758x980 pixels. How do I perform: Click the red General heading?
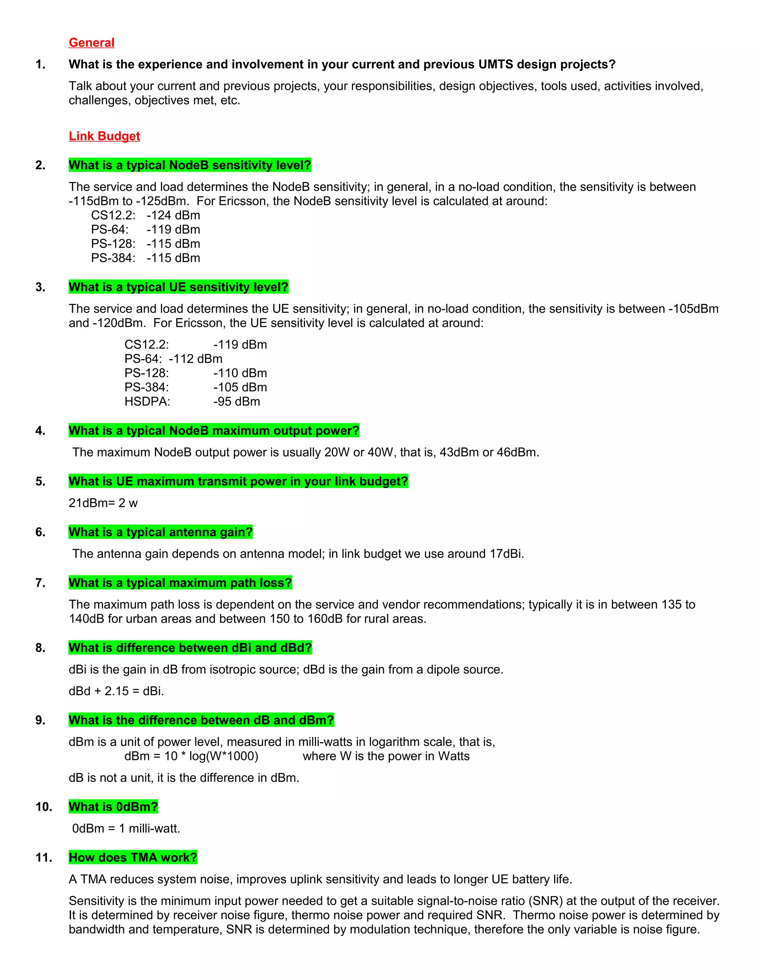(x=92, y=43)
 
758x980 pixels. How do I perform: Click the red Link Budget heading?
(x=104, y=136)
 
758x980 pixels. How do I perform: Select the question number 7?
(x=40, y=583)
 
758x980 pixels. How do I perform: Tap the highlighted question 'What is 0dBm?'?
(x=113, y=807)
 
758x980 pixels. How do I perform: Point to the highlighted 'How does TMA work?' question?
(x=133, y=858)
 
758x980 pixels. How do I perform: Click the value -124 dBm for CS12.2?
(x=173, y=215)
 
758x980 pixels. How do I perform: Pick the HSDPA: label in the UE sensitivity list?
(x=147, y=402)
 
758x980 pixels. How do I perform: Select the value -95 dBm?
(x=237, y=402)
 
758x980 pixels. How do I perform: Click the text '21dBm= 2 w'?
(x=103, y=503)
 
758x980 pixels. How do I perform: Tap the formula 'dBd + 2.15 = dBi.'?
(x=116, y=691)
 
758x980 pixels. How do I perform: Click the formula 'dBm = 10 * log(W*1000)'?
(x=191, y=756)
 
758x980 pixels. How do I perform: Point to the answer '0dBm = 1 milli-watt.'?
(x=126, y=828)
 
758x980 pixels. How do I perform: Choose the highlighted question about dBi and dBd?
(x=190, y=648)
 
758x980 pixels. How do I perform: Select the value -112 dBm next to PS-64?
(x=196, y=359)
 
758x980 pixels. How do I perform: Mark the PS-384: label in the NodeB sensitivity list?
(x=113, y=258)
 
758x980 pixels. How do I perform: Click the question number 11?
(x=44, y=858)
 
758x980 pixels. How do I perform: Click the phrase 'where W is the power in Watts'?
(x=386, y=756)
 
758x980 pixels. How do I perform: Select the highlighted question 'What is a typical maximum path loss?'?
(x=180, y=583)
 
